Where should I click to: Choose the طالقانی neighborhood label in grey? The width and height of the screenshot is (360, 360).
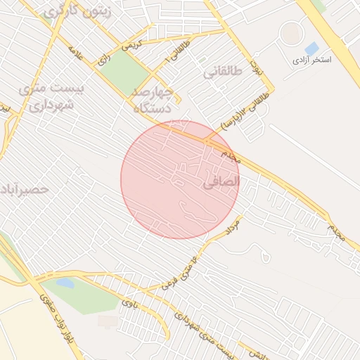(x=224, y=72)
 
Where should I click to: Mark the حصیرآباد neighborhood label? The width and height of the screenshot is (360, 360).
(x=25, y=189)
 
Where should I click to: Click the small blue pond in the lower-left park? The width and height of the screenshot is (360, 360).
(x=65, y=283)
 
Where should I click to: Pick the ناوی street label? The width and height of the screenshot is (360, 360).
(x=129, y=303)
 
